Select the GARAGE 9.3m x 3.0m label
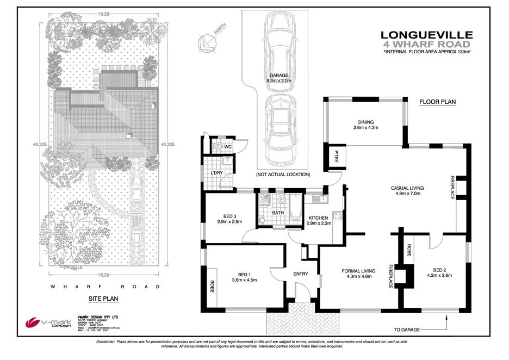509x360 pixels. tap(278, 78)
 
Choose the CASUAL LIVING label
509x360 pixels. tap(407, 191)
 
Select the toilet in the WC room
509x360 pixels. tap(219, 146)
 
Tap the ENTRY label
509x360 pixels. tap(300, 274)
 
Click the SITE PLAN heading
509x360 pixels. tap(103, 299)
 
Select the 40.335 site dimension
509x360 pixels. tap(167, 145)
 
